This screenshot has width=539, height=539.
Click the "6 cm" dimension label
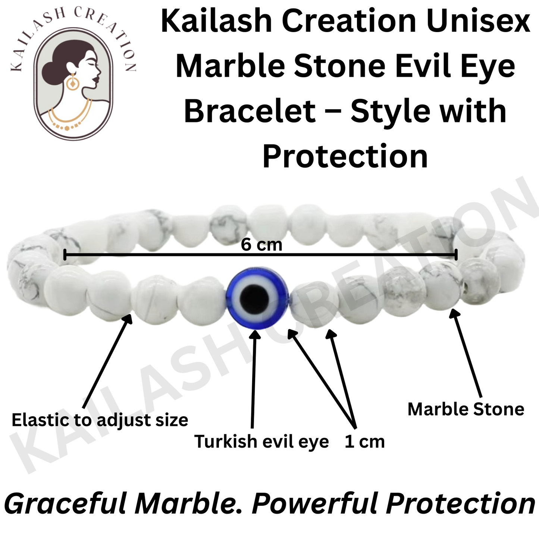pyautogui.click(x=261, y=245)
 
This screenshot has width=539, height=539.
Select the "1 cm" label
pyautogui.click(x=364, y=442)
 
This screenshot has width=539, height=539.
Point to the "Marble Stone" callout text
pyautogui.click(x=466, y=409)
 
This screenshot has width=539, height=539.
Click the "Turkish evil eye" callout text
pyautogui.click(x=261, y=442)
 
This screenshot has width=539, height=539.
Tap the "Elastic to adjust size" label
pyautogui.click(x=100, y=420)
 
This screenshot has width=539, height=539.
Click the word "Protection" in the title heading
pyautogui.click(x=345, y=157)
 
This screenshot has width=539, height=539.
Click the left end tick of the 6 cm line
pyautogui.click(x=65, y=255)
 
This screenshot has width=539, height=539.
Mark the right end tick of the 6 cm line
pyautogui.click(x=456, y=255)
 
